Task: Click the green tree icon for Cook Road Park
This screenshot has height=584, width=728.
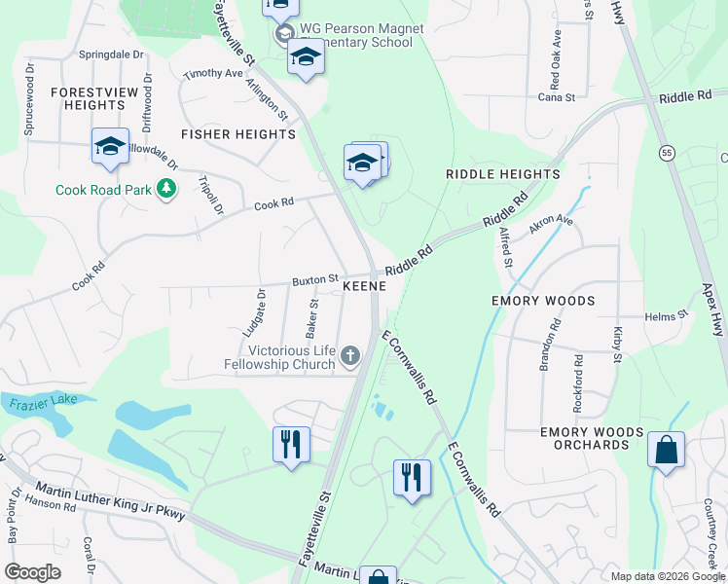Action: (166, 189)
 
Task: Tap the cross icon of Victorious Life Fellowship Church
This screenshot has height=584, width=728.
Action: (350, 358)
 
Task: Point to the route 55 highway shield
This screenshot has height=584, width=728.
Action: (667, 153)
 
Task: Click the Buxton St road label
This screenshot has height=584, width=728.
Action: (314, 279)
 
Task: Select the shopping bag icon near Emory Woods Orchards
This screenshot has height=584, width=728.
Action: (666, 451)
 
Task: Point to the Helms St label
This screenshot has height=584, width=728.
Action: (666, 315)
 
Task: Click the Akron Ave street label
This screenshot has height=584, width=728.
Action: (551, 226)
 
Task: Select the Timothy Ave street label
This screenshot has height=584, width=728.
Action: (213, 73)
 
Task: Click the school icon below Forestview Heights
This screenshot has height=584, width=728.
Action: (110, 147)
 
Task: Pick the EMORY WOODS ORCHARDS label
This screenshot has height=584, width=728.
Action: (592, 438)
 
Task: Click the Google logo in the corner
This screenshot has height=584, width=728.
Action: (33, 572)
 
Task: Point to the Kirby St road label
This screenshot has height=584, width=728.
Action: (617, 346)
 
